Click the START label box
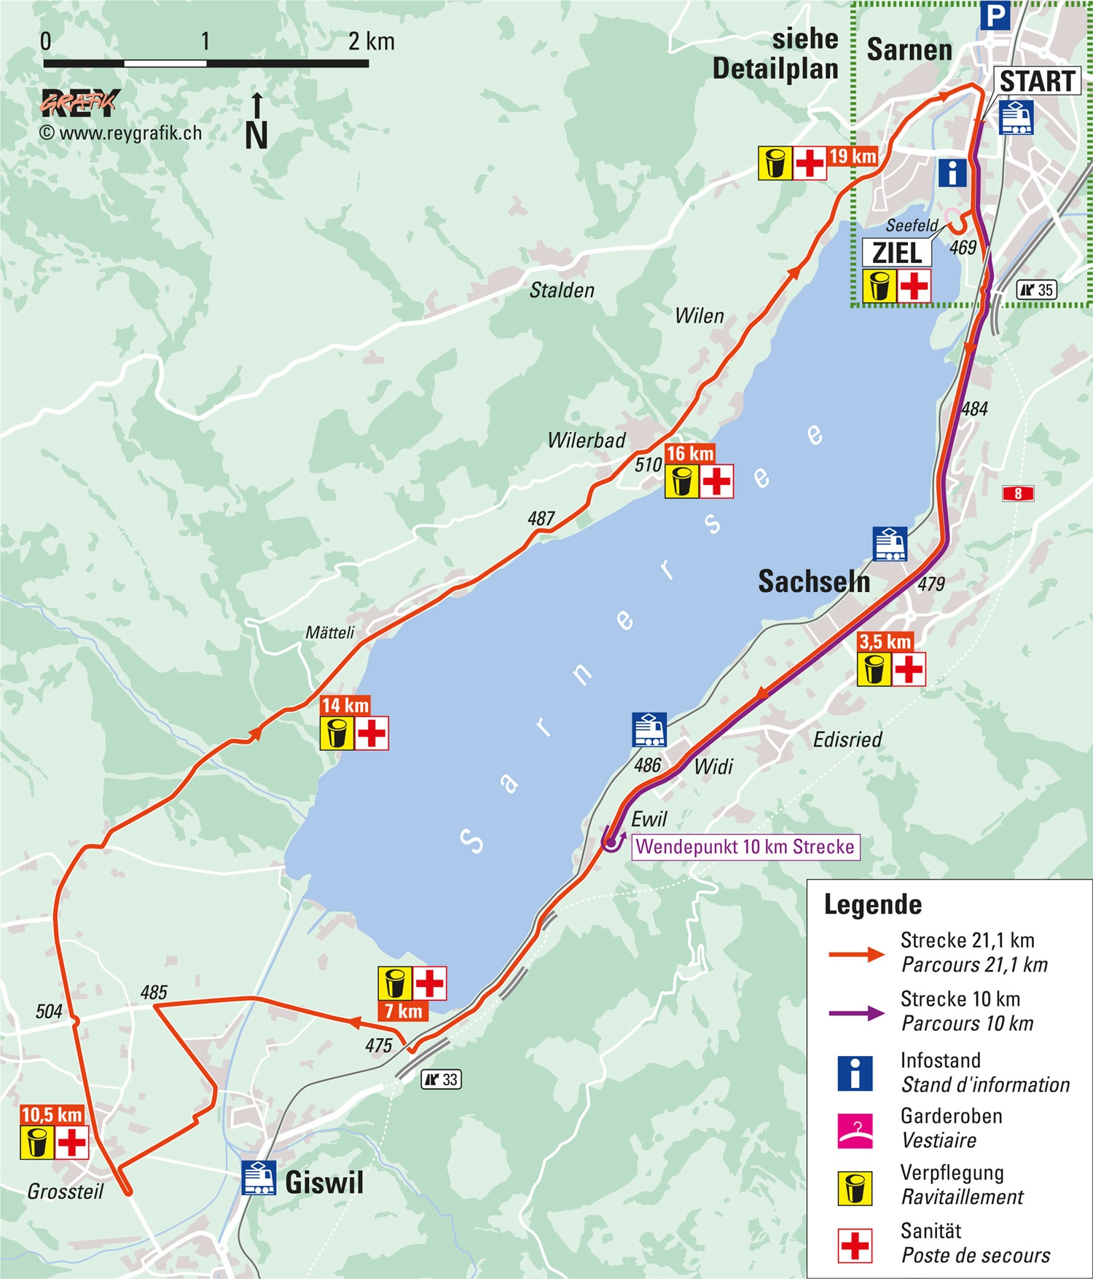tap(1037, 81)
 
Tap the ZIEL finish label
tap(897, 253)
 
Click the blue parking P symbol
tap(995, 15)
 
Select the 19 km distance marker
tap(853, 156)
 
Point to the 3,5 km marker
tap(885, 642)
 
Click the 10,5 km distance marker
tap(52, 1114)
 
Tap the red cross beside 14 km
tap(372, 733)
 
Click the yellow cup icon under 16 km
tap(682, 481)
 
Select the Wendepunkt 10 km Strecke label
tap(745, 846)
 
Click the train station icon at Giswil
tap(259, 1178)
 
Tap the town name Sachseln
tap(814, 581)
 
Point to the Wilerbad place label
tap(587, 440)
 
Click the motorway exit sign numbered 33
tap(442, 1079)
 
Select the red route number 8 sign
tap(1018, 493)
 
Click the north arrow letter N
tap(256, 135)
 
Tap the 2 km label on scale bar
tap(371, 42)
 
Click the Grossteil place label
tap(66, 1192)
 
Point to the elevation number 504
tap(49, 1011)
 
